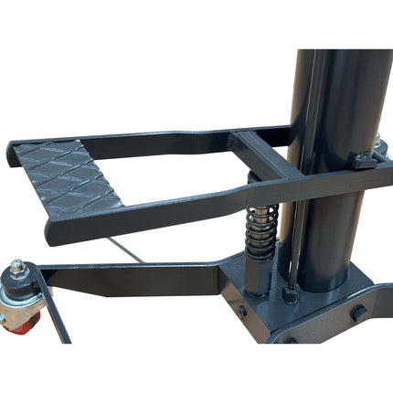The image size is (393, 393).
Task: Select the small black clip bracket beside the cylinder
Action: coord(365,162)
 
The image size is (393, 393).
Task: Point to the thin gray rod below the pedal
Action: coord(137,251)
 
